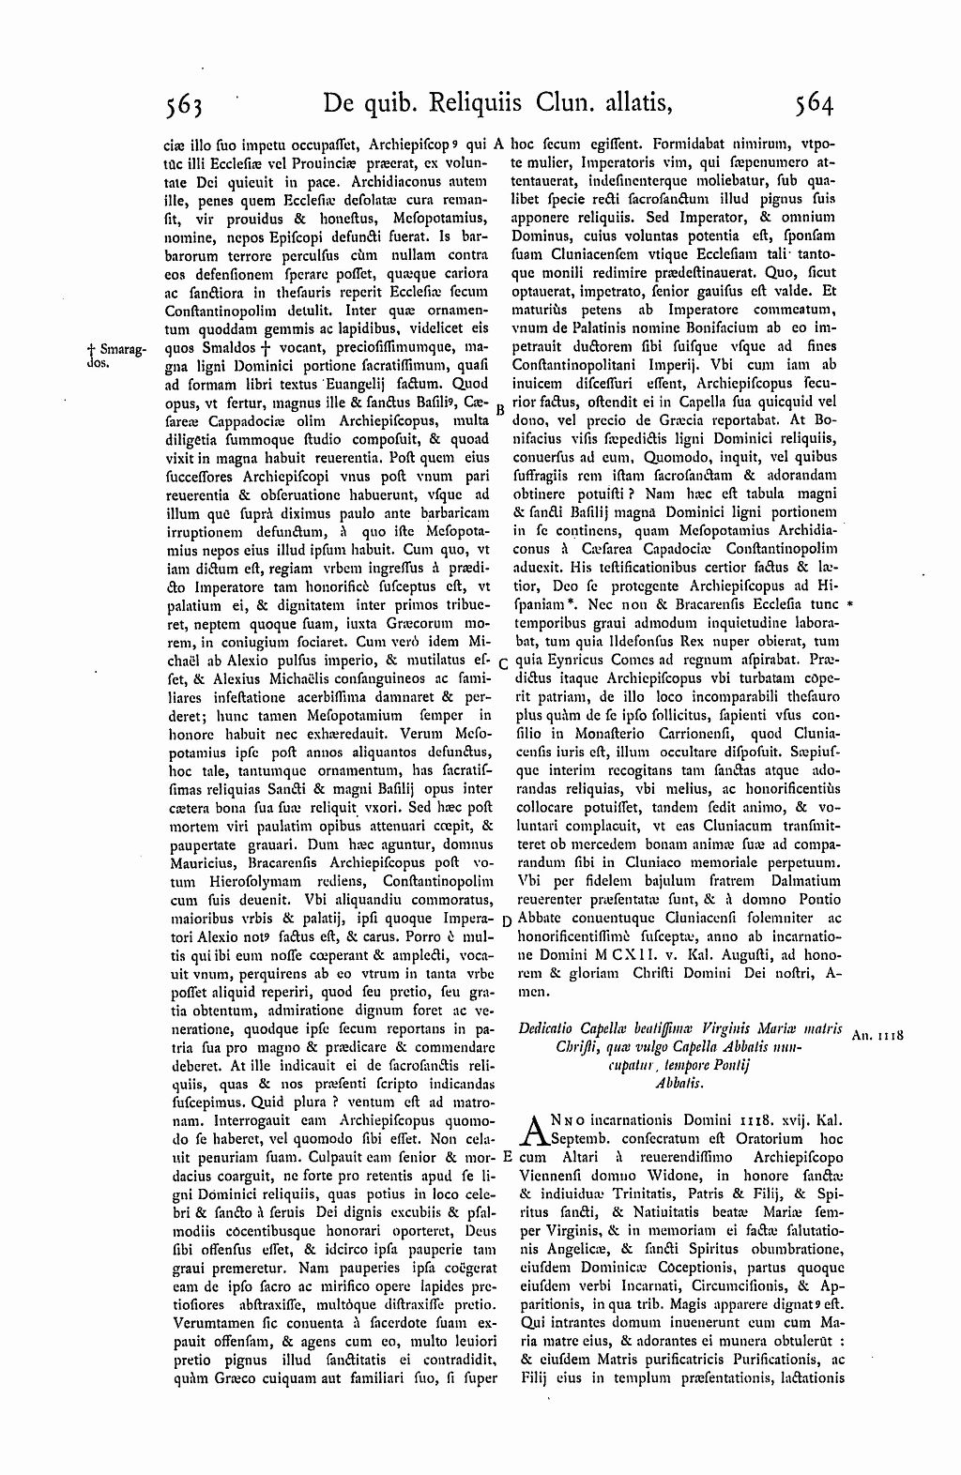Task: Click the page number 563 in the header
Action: coord(184,103)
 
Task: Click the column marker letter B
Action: coord(500,410)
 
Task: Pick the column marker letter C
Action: coord(502,664)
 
